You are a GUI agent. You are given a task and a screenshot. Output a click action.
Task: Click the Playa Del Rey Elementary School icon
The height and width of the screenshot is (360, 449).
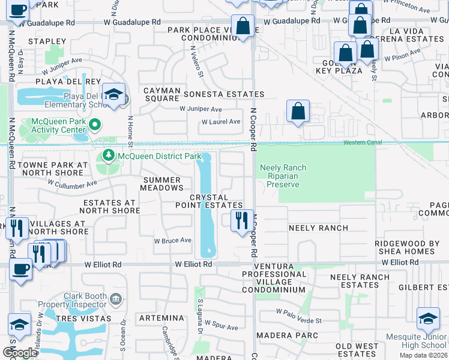coord(113,95)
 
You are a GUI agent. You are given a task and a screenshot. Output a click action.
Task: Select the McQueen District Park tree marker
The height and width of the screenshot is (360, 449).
coord(108,156)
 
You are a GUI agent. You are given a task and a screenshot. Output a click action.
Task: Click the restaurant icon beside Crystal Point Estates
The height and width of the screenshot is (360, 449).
coord(241,220)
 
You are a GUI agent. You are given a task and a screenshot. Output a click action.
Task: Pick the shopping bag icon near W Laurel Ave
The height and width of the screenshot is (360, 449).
coord(298,112)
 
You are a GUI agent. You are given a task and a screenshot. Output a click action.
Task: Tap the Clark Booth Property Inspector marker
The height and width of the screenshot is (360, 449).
coord(116,298)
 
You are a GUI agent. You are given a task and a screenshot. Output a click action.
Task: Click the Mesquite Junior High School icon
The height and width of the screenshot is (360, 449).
coord(428,320)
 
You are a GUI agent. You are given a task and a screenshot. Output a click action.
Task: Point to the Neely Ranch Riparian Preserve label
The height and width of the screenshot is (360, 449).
coord(282,176)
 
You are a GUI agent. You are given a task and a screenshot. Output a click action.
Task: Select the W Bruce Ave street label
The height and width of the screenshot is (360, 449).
coord(172,241)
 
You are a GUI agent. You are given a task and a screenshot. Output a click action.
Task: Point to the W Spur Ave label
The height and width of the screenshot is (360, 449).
coord(223,328)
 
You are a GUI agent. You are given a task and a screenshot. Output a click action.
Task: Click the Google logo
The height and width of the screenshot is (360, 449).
coord(19,353)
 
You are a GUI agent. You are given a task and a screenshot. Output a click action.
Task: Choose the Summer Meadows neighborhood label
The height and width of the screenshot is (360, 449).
coord(160,184)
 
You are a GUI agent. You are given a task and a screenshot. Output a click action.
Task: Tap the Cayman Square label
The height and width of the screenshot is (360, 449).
coord(161,94)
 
